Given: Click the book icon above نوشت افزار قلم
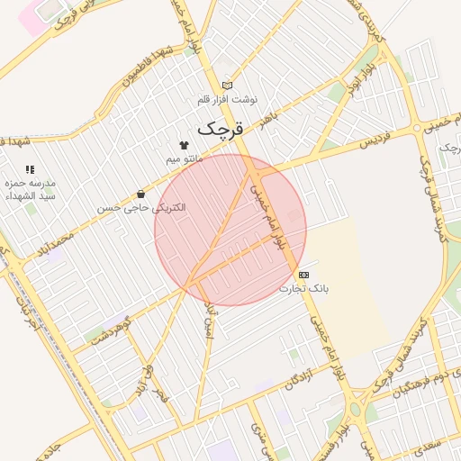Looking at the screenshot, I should pyautogui.click(x=227, y=86).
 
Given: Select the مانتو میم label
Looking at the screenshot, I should pyautogui.click(x=185, y=159).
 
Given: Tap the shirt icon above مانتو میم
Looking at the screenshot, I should pyautogui.click(x=185, y=145).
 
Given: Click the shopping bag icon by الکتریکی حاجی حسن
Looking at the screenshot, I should pyautogui.click(x=140, y=194).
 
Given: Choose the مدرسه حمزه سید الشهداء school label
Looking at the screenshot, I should pyautogui.click(x=31, y=188).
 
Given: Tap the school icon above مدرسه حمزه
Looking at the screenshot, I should pyautogui.click(x=30, y=168).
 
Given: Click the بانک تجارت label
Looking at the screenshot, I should pyautogui.click(x=303, y=288).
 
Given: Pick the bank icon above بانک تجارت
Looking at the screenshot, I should pyautogui.click(x=303, y=274).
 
